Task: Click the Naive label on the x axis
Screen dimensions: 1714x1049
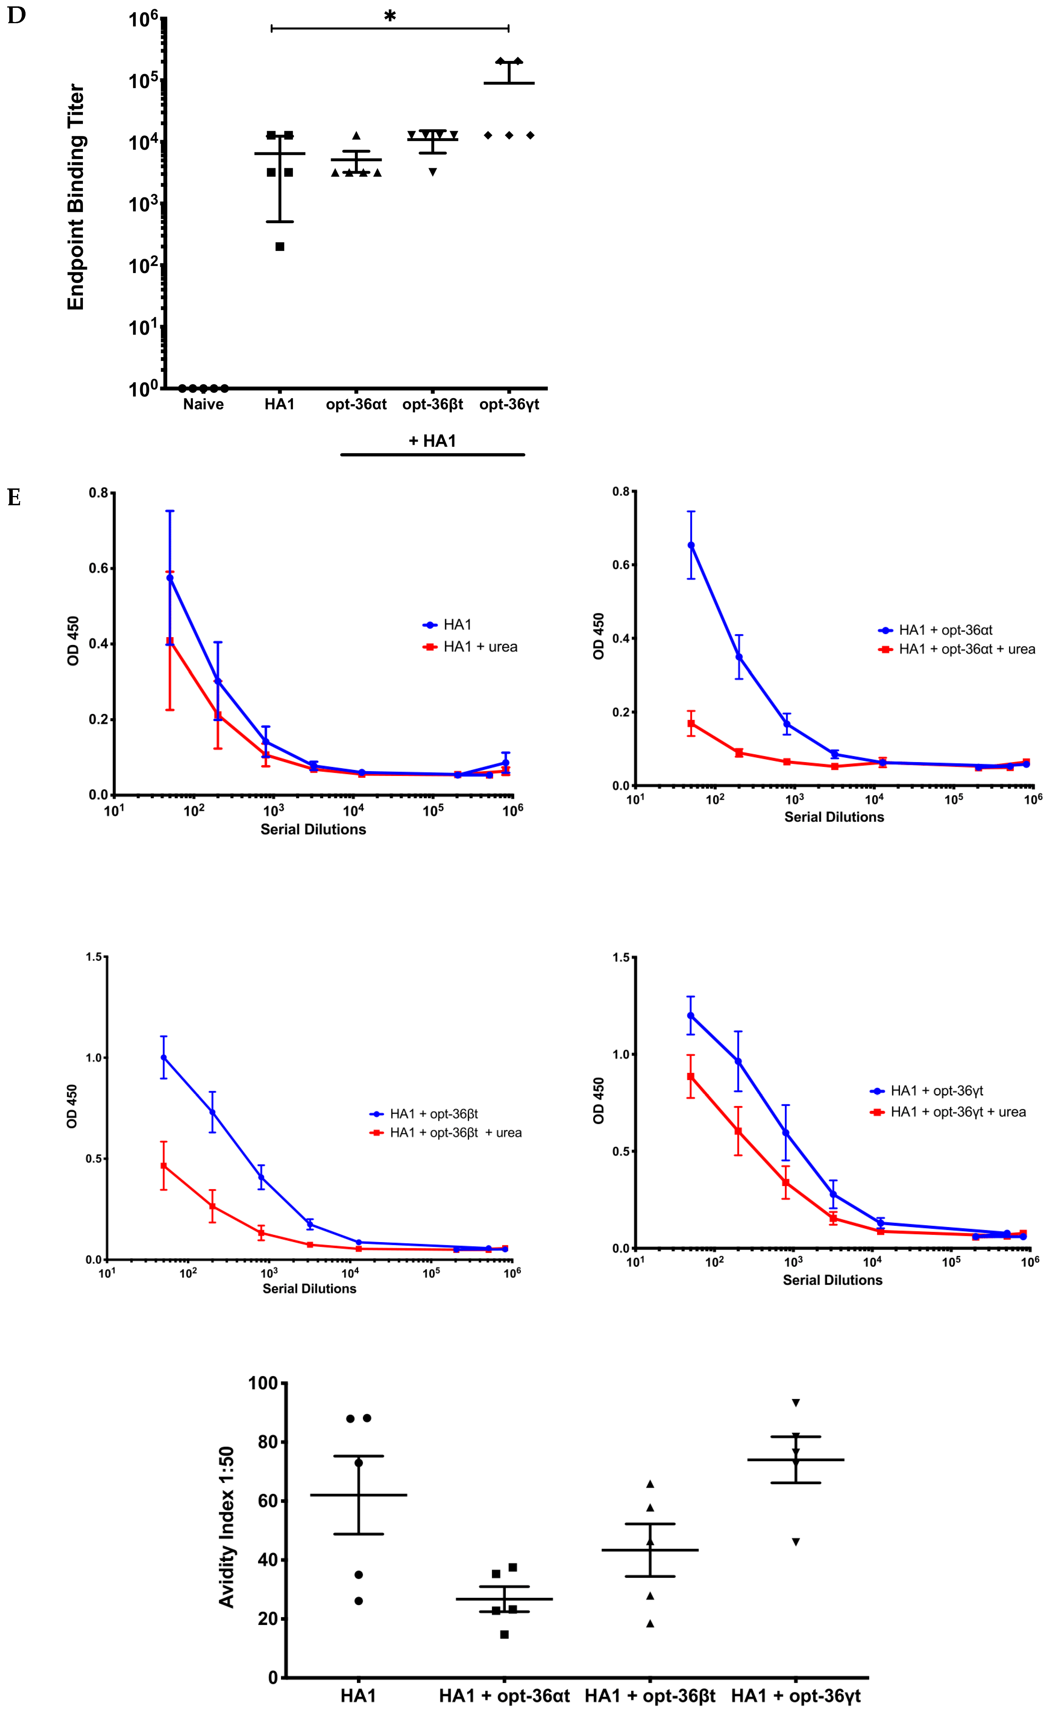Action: tap(203, 404)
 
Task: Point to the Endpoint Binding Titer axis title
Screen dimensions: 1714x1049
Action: tap(75, 197)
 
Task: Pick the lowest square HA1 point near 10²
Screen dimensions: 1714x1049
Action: tap(280, 246)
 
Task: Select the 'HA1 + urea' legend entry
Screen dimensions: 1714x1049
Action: tap(480, 647)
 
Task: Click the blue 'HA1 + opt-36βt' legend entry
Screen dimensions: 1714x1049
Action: tap(433, 1114)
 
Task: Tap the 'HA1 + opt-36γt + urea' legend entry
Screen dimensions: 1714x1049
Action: tap(958, 1112)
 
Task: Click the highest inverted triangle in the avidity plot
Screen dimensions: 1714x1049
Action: tap(796, 1402)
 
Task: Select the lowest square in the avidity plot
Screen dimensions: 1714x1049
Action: tap(504, 1634)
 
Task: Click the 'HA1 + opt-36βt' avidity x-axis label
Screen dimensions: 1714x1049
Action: tap(650, 1696)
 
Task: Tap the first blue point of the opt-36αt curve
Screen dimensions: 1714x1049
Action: tap(691, 545)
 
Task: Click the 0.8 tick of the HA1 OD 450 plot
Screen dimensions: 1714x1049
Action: tap(99, 493)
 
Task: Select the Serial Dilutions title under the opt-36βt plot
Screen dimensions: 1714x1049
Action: tap(310, 1288)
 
